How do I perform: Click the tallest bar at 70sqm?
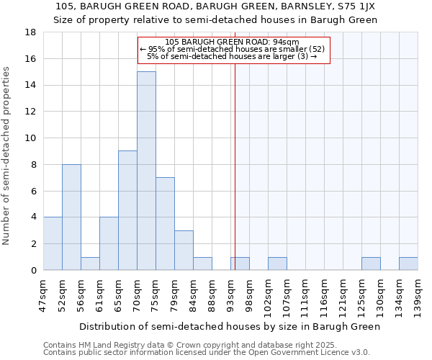tap(146, 171)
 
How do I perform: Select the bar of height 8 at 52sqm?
tap(71, 217)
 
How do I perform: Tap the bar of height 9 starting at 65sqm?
tap(127, 210)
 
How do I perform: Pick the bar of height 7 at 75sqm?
tap(165, 223)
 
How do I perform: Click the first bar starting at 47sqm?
tap(53, 243)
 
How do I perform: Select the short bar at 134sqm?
tap(408, 264)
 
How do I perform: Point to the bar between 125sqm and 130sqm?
tap(371, 264)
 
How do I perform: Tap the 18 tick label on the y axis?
tap(30, 32)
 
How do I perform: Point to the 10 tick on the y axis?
tap(30, 138)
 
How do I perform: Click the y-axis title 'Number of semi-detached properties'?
tap(7, 156)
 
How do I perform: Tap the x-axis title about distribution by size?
tap(229, 326)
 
